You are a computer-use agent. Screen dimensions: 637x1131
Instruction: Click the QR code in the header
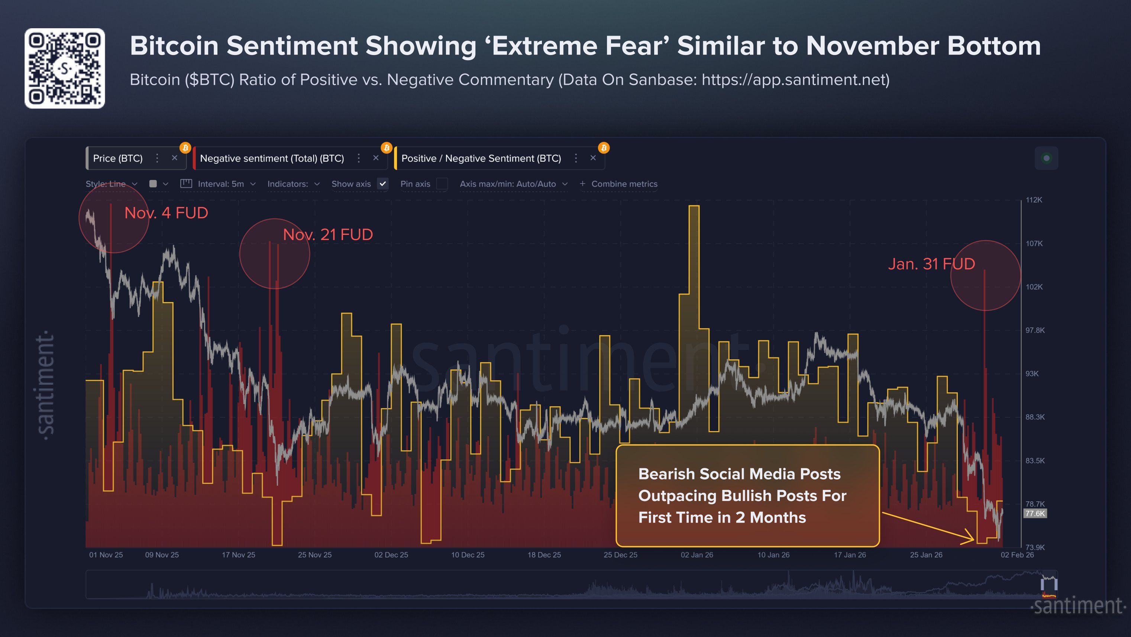pos(65,68)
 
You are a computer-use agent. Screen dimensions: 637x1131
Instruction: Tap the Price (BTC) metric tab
pos(118,158)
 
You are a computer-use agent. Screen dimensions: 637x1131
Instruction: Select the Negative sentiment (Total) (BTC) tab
pos(272,158)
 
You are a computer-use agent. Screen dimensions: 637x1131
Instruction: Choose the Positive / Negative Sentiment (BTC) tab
pos(481,158)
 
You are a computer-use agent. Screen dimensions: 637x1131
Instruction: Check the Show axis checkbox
pos(383,184)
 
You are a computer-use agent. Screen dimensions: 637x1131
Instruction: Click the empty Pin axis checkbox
pos(442,184)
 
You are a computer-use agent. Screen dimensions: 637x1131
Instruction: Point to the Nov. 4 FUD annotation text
pos(166,213)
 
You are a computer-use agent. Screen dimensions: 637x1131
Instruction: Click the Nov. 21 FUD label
pos(327,235)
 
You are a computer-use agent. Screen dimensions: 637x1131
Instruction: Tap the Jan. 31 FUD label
pos(931,264)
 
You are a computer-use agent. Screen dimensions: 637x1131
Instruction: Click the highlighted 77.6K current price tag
pos(1035,513)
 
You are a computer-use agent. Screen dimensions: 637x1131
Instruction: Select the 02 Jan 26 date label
pos(697,555)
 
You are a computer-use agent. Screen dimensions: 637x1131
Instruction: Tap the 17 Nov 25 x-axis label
pos(238,555)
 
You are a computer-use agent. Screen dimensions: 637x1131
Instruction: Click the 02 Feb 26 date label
pos(1017,555)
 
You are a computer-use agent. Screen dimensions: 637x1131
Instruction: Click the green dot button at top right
pos(1046,158)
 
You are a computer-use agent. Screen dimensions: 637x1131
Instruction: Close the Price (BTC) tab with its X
pos(174,158)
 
